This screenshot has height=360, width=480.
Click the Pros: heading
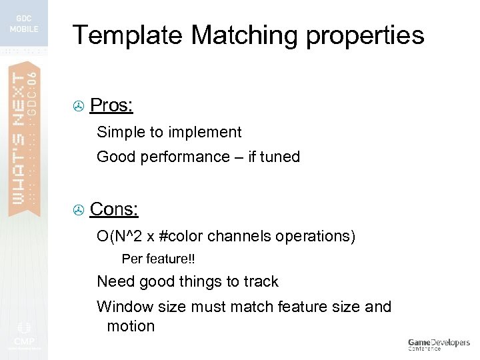point(111,105)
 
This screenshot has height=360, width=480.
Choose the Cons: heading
point(114,209)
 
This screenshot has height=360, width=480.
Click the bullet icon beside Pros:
point(78,107)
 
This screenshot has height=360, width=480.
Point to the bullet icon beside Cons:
point(78,211)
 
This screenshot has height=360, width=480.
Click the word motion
point(131,326)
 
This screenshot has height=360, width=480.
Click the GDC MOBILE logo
point(24,24)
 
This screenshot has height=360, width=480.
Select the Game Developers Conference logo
point(439,344)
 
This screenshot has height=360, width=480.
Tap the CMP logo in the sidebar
point(24,333)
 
